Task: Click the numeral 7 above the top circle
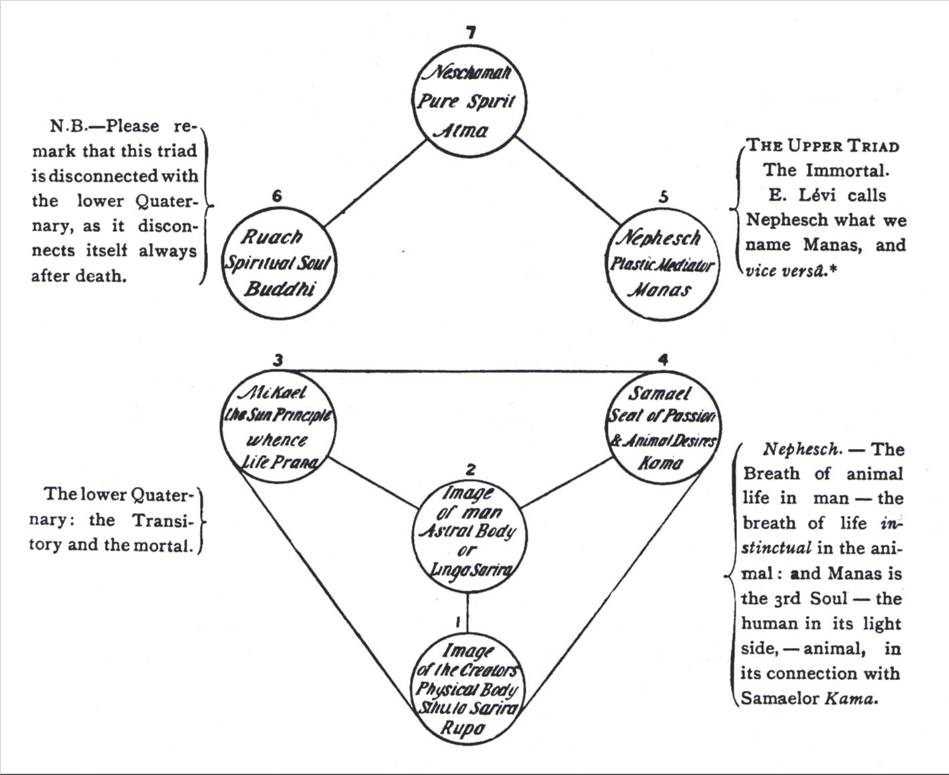tap(471, 32)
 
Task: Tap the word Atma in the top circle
tap(463, 131)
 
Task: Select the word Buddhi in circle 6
tap(280, 289)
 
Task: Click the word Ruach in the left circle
tap(272, 237)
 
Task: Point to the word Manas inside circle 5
tap(659, 291)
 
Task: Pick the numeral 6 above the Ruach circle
tap(277, 196)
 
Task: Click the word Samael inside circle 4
tap(659, 394)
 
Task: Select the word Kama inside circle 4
tap(661, 463)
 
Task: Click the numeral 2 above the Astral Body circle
tap(471, 469)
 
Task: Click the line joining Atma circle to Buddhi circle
tap(375, 183)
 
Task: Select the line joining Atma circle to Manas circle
tap(568, 180)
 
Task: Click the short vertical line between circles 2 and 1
tap(467, 613)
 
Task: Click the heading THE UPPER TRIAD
tap(823, 146)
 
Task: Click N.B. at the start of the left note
tap(68, 126)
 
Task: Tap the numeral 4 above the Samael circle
tap(663, 359)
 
